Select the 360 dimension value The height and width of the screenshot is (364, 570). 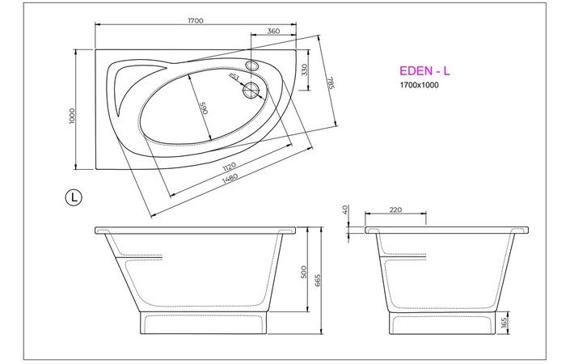(x=272, y=31)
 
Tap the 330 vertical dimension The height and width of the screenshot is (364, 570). (x=304, y=70)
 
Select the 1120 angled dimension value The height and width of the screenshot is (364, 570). (x=228, y=167)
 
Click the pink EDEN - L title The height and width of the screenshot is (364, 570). (x=424, y=71)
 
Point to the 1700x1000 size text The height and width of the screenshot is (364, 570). (x=419, y=85)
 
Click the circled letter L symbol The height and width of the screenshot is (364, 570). (x=74, y=197)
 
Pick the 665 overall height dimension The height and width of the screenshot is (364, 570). (x=318, y=280)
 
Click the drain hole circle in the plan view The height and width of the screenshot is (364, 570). (x=252, y=91)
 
